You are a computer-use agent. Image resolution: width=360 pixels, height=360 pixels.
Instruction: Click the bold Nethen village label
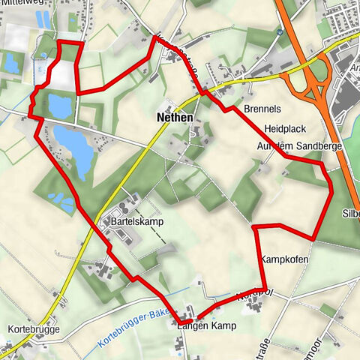[174, 118]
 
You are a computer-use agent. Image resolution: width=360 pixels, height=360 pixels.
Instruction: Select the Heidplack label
[283, 129]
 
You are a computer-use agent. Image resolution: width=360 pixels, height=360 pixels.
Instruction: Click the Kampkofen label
[284, 259]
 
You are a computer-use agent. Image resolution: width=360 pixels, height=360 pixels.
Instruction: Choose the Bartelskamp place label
[136, 223]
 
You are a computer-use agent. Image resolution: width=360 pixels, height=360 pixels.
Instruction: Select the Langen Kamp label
[206, 326]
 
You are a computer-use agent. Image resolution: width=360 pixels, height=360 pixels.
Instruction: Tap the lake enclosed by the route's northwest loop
[59, 106]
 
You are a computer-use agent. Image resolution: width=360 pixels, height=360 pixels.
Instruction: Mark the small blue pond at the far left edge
[11, 64]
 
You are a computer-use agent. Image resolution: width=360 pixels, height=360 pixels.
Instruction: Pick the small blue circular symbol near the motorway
[278, 32]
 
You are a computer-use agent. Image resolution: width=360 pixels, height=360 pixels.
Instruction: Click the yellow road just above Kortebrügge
[64, 289]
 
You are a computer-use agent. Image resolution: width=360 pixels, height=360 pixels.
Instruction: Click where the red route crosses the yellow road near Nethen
[203, 91]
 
